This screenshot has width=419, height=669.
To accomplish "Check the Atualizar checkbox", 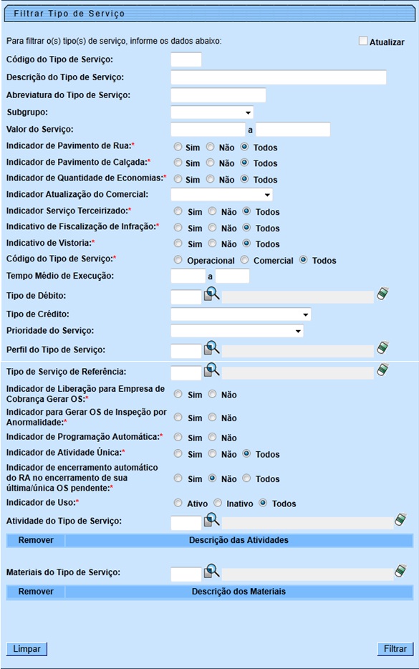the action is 364,42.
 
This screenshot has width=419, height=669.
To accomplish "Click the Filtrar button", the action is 395,649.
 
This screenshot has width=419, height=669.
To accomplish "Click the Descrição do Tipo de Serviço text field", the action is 279,77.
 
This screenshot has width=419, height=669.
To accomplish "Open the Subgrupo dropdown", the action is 212,112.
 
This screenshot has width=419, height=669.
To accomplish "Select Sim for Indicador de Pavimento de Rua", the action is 178,147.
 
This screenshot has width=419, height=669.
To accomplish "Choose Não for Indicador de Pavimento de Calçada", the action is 211,163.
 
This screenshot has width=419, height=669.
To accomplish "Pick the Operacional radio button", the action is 178,260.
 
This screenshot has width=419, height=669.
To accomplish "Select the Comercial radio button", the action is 244,260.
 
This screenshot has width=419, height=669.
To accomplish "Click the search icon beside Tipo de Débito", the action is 212,294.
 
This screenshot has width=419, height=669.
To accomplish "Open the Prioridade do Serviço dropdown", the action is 237,331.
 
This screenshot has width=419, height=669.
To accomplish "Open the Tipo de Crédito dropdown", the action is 241,314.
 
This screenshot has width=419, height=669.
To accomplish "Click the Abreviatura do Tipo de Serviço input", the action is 218,95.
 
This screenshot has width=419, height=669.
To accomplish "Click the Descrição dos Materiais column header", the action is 239,592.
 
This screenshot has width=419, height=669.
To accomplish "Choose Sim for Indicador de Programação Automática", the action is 178,437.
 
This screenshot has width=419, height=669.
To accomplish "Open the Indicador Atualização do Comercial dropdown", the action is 222,194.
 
